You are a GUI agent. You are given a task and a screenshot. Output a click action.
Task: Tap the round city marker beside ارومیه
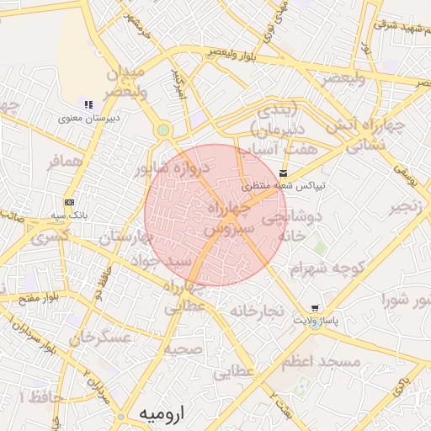pos(122,417)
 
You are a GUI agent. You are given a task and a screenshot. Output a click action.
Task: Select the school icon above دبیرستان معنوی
pos(88,104)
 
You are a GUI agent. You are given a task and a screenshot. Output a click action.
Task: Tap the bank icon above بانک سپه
pos(69,202)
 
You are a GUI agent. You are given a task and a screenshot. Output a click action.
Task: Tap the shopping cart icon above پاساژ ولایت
pos(315,308)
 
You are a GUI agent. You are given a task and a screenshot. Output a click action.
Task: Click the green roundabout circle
pos(162,130)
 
